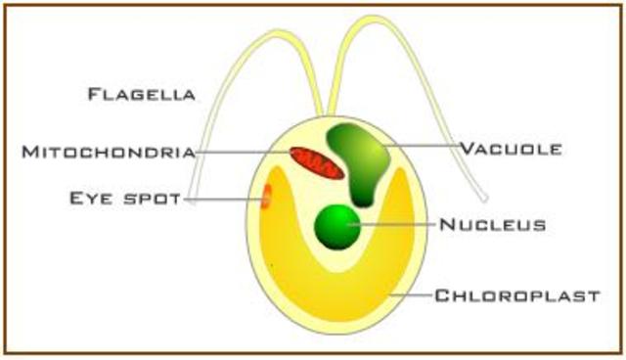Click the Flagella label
[x=142, y=95]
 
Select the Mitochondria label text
[x=109, y=152]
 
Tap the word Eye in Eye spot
[x=92, y=200]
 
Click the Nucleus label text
[x=492, y=225]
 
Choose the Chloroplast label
[x=516, y=294]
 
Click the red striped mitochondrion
[x=316, y=162]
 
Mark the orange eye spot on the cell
[x=265, y=197]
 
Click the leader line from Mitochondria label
[x=245, y=152]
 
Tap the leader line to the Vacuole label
[x=421, y=148]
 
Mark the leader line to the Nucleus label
[x=396, y=225]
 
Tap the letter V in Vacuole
[x=466, y=150]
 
